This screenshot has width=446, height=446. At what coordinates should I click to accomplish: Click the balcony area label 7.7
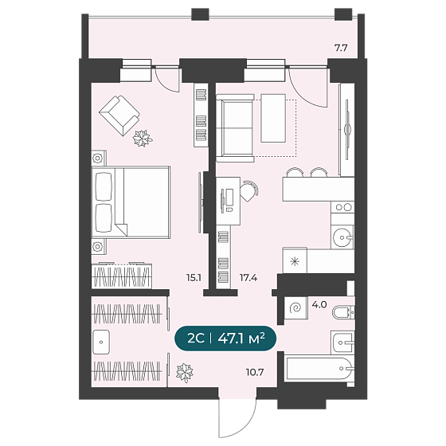point(341,48)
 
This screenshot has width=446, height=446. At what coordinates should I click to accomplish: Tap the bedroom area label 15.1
point(194,277)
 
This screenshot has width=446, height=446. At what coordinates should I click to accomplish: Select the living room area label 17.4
point(248,277)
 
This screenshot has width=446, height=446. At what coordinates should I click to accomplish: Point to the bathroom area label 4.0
point(319,304)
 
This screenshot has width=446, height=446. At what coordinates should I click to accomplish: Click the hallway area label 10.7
point(255,372)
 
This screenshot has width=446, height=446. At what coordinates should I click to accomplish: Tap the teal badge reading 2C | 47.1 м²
point(226,338)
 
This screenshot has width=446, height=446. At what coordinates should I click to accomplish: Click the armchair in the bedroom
point(119,115)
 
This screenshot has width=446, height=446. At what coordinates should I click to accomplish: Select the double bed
point(131,202)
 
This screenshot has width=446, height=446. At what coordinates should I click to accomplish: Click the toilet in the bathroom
point(343,312)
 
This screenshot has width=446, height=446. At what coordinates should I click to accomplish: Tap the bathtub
point(319,369)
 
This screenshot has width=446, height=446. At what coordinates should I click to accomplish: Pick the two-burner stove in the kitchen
point(343,207)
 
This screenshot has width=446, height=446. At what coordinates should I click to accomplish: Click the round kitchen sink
point(342,238)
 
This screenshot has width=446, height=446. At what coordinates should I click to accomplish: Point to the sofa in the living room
point(235,128)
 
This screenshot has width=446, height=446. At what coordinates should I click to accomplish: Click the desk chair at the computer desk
point(249,190)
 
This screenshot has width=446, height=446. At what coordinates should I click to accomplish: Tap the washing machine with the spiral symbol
point(295,307)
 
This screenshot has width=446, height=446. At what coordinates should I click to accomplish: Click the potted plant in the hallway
point(184,373)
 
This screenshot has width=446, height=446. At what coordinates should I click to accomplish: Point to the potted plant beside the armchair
point(143,139)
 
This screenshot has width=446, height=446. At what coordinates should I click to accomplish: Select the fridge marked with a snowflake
point(295,260)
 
